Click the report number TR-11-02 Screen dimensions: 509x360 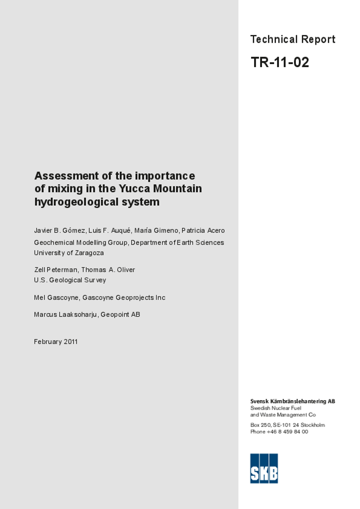click(279, 63)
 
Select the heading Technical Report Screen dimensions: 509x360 click(292, 39)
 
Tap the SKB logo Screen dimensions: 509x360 click(264, 468)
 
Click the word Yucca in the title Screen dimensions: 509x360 click(134, 189)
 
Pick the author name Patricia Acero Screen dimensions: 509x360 click(203, 231)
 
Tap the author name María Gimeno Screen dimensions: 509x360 click(156, 231)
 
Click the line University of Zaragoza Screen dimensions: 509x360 click(69, 253)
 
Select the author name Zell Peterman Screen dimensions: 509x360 click(55, 270)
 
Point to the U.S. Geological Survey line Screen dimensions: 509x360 click(70, 280)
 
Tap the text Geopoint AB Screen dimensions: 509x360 click(120, 315)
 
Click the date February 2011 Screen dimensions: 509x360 click(56, 342)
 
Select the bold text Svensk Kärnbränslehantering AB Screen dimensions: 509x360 click(292, 401)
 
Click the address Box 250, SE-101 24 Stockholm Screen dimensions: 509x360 click(287, 425)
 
